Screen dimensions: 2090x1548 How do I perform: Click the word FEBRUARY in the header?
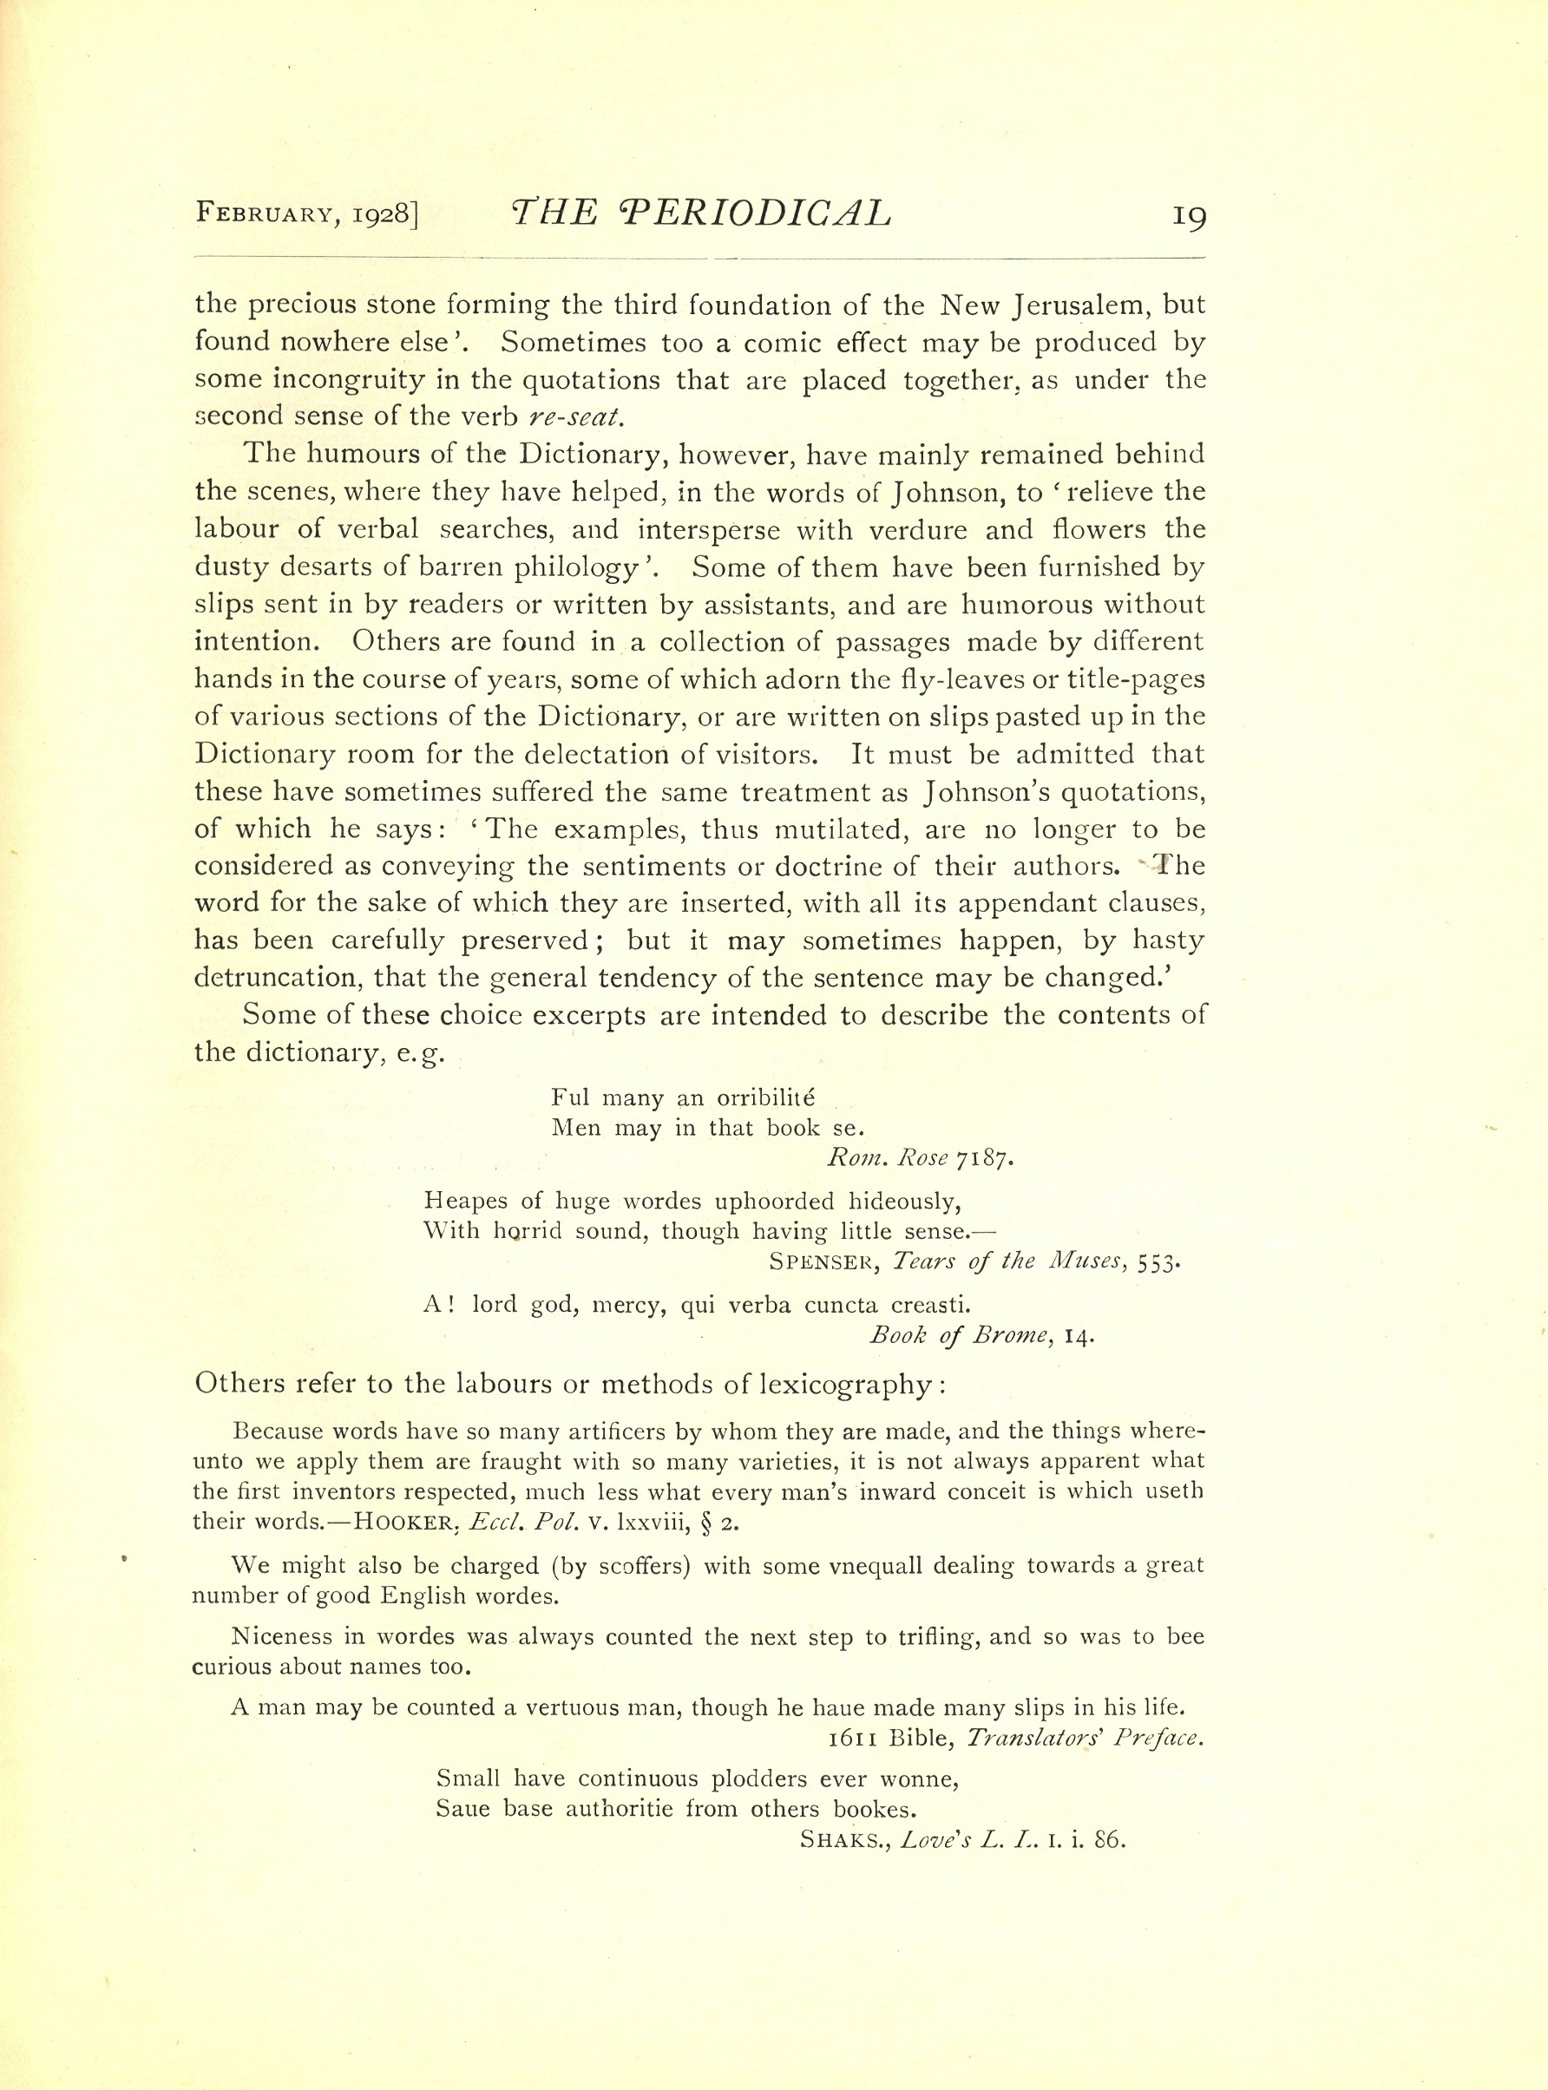click(262, 213)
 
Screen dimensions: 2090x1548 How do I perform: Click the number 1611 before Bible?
click(853, 1738)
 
